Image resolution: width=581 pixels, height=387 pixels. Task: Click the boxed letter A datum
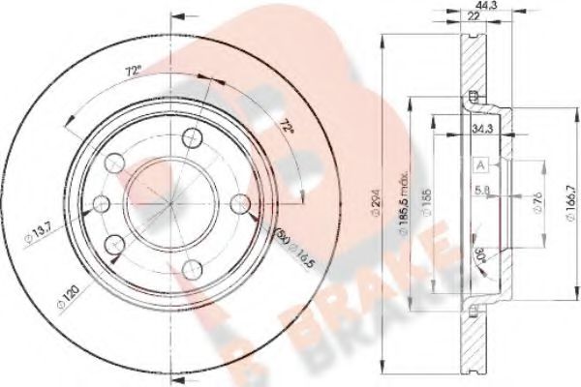pyautogui.click(x=479, y=165)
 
